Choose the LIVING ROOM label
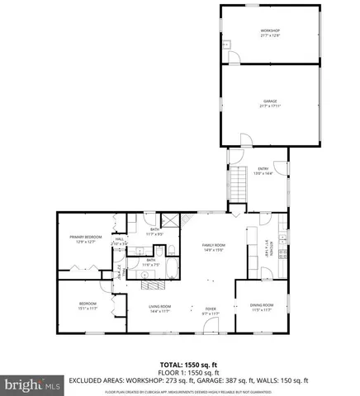pyautogui.click(x=159, y=309)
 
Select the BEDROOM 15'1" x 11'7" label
pyautogui.click(x=88, y=305)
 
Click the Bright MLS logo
pyautogui.click(x=31, y=384)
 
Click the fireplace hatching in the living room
pyautogui.click(x=154, y=285)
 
